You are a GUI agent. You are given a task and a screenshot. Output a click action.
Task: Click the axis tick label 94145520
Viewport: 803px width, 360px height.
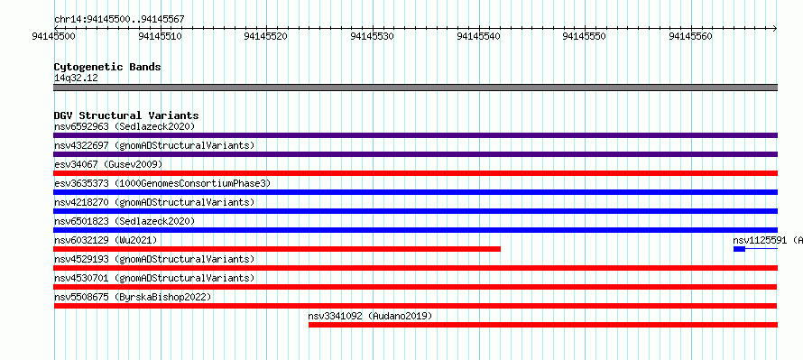click(x=266, y=36)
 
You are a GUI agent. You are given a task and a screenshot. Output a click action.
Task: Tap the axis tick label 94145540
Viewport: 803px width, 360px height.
click(x=478, y=36)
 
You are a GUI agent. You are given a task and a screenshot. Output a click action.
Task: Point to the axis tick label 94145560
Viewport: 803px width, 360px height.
click(x=691, y=36)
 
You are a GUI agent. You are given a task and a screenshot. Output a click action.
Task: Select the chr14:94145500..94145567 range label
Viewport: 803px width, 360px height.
click(x=119, y=20)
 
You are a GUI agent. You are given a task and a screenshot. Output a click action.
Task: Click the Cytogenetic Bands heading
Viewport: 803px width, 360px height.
click(x=107, y=67)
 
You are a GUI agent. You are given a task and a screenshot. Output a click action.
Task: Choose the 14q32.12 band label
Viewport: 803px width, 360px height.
click(x=76, y=78)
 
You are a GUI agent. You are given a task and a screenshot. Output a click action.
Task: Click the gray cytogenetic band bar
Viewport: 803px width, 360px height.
click(x=415, y=88)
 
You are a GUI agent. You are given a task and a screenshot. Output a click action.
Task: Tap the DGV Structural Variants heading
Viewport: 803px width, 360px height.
click(x=126, y=115)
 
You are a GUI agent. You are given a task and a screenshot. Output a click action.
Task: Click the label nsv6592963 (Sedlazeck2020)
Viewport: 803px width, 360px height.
click(x=125, y=126)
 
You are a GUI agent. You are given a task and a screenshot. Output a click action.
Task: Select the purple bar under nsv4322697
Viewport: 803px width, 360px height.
click(x=415, y=154)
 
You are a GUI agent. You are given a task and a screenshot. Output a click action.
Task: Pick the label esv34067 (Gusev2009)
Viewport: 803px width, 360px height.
click(x=108, y=164)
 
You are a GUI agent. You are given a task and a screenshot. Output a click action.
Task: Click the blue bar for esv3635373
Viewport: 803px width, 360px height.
click(x=415, y=192)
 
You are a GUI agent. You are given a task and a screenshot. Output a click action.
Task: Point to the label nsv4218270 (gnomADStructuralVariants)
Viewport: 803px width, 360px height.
click(x=154, y=202)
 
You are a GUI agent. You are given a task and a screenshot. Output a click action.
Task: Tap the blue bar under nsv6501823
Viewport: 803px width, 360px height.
click(x=415, y=230)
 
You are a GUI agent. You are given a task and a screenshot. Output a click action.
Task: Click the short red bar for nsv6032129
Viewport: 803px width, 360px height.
click(x=277, y=249)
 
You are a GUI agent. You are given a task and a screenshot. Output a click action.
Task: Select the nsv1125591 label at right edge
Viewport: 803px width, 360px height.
click(x=768, y=240)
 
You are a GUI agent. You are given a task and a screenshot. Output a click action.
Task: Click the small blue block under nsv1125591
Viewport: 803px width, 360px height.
click(x=739, y=249)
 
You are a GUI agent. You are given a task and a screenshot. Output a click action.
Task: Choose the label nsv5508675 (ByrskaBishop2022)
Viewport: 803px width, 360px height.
click(x=133, y=297)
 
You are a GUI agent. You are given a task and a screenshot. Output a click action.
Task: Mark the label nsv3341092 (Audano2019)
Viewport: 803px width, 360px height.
click(x=370, y=316)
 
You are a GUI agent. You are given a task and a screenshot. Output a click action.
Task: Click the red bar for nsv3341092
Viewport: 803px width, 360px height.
click(x=543, y=325)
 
